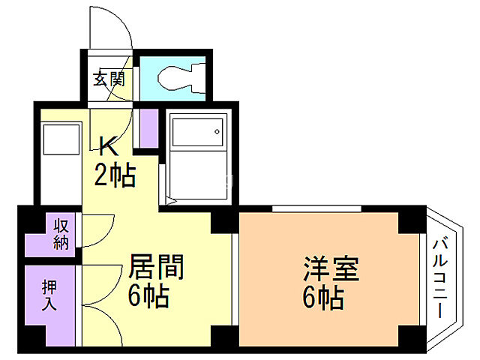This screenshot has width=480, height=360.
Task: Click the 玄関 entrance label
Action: coord(109,79)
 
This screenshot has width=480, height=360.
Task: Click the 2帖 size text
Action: coord(114,176)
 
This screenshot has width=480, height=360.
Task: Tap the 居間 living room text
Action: coord(157,267)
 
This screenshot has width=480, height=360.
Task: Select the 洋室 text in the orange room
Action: coord(331,269)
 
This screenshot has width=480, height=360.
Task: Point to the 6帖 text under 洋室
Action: coord(324,298)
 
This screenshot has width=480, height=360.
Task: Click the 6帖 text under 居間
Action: coord(148,297)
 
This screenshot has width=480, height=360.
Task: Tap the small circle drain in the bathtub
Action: coord(216,133)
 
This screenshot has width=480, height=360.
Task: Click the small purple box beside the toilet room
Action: coord(148,128)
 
